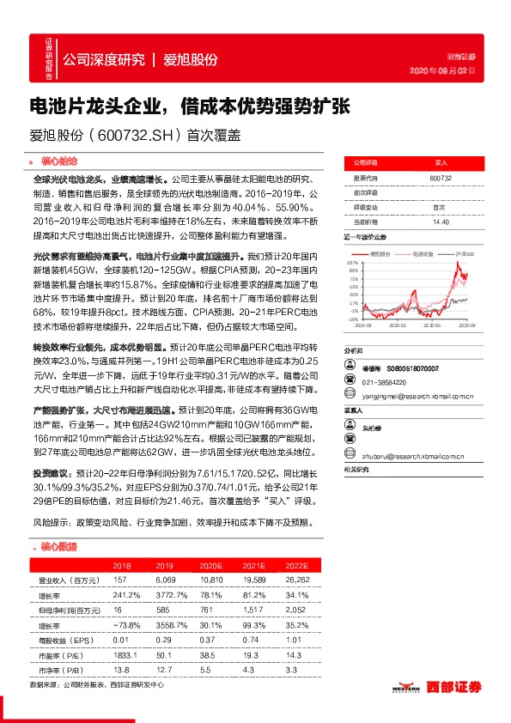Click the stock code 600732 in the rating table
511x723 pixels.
(x=440, y=178)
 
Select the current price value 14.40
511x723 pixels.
(x=441, y=222)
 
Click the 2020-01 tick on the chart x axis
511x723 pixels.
(x=396, y=325)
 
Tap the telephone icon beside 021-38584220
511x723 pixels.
(x=350, y=382)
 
